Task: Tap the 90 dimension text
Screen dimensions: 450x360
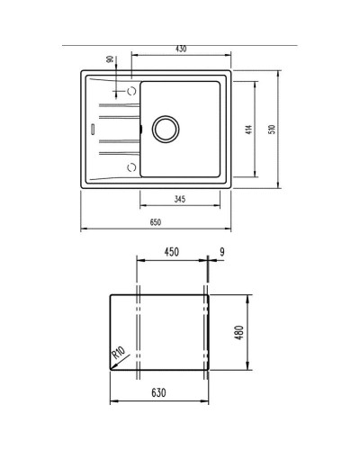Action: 110,59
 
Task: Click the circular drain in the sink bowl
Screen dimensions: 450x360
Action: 166,128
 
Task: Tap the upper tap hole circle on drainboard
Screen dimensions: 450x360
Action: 132,92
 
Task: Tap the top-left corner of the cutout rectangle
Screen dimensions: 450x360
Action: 108,293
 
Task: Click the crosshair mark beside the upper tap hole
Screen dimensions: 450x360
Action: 118,92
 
